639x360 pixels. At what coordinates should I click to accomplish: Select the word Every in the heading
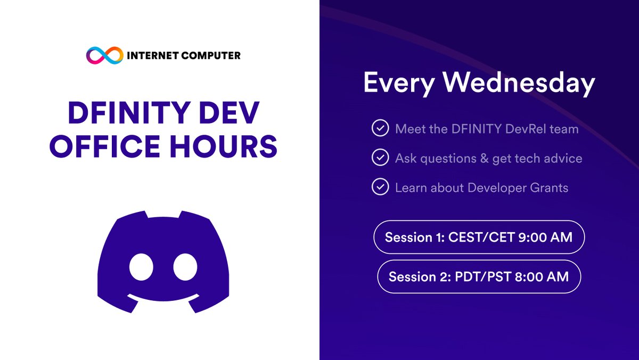[395, 84]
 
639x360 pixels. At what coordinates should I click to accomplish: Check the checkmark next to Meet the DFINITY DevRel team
[380, 129]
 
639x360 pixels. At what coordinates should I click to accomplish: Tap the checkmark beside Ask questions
[380, 158]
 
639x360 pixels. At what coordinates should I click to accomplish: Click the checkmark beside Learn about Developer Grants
[380, 187]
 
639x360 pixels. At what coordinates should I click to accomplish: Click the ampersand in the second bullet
[481, 158]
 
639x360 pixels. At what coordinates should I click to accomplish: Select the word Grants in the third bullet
[547, 187]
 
